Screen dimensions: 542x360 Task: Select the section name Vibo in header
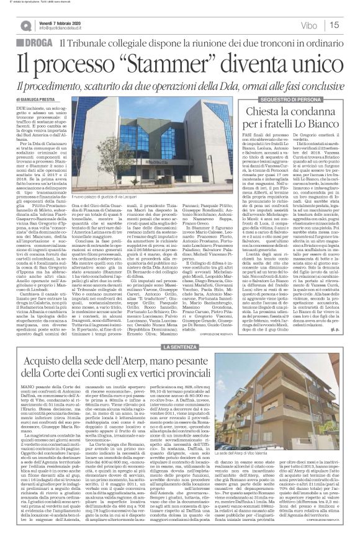323,25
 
